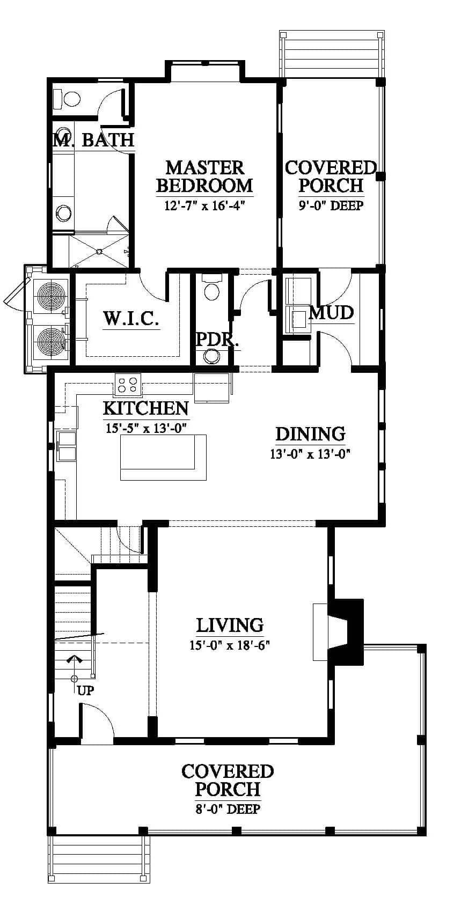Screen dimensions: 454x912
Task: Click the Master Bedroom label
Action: click(204, 176)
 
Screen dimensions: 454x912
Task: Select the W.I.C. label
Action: click(131, 318)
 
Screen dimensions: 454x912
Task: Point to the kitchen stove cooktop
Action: click(127, 385)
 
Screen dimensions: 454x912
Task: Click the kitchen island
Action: click(163, 457)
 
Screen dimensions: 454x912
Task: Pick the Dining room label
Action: click(310, 434)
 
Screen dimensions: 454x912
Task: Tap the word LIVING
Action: click(230, 626)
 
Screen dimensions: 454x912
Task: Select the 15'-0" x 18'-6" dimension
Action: click(230, 645)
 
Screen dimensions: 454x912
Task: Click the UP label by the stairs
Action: click(85, 690)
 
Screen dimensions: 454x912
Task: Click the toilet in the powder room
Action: click(212, 288)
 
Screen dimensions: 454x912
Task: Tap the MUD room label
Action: click(331, 313)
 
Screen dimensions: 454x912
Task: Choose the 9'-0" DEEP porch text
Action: click(331, 205)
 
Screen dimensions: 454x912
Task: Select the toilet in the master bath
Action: click(67, 99)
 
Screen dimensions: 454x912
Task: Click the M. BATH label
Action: click(94, 139)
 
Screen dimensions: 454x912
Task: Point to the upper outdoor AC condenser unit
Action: click(49, 295)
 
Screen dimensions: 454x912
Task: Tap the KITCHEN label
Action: click(146, 408)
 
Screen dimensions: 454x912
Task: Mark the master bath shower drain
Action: click(98, 252)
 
